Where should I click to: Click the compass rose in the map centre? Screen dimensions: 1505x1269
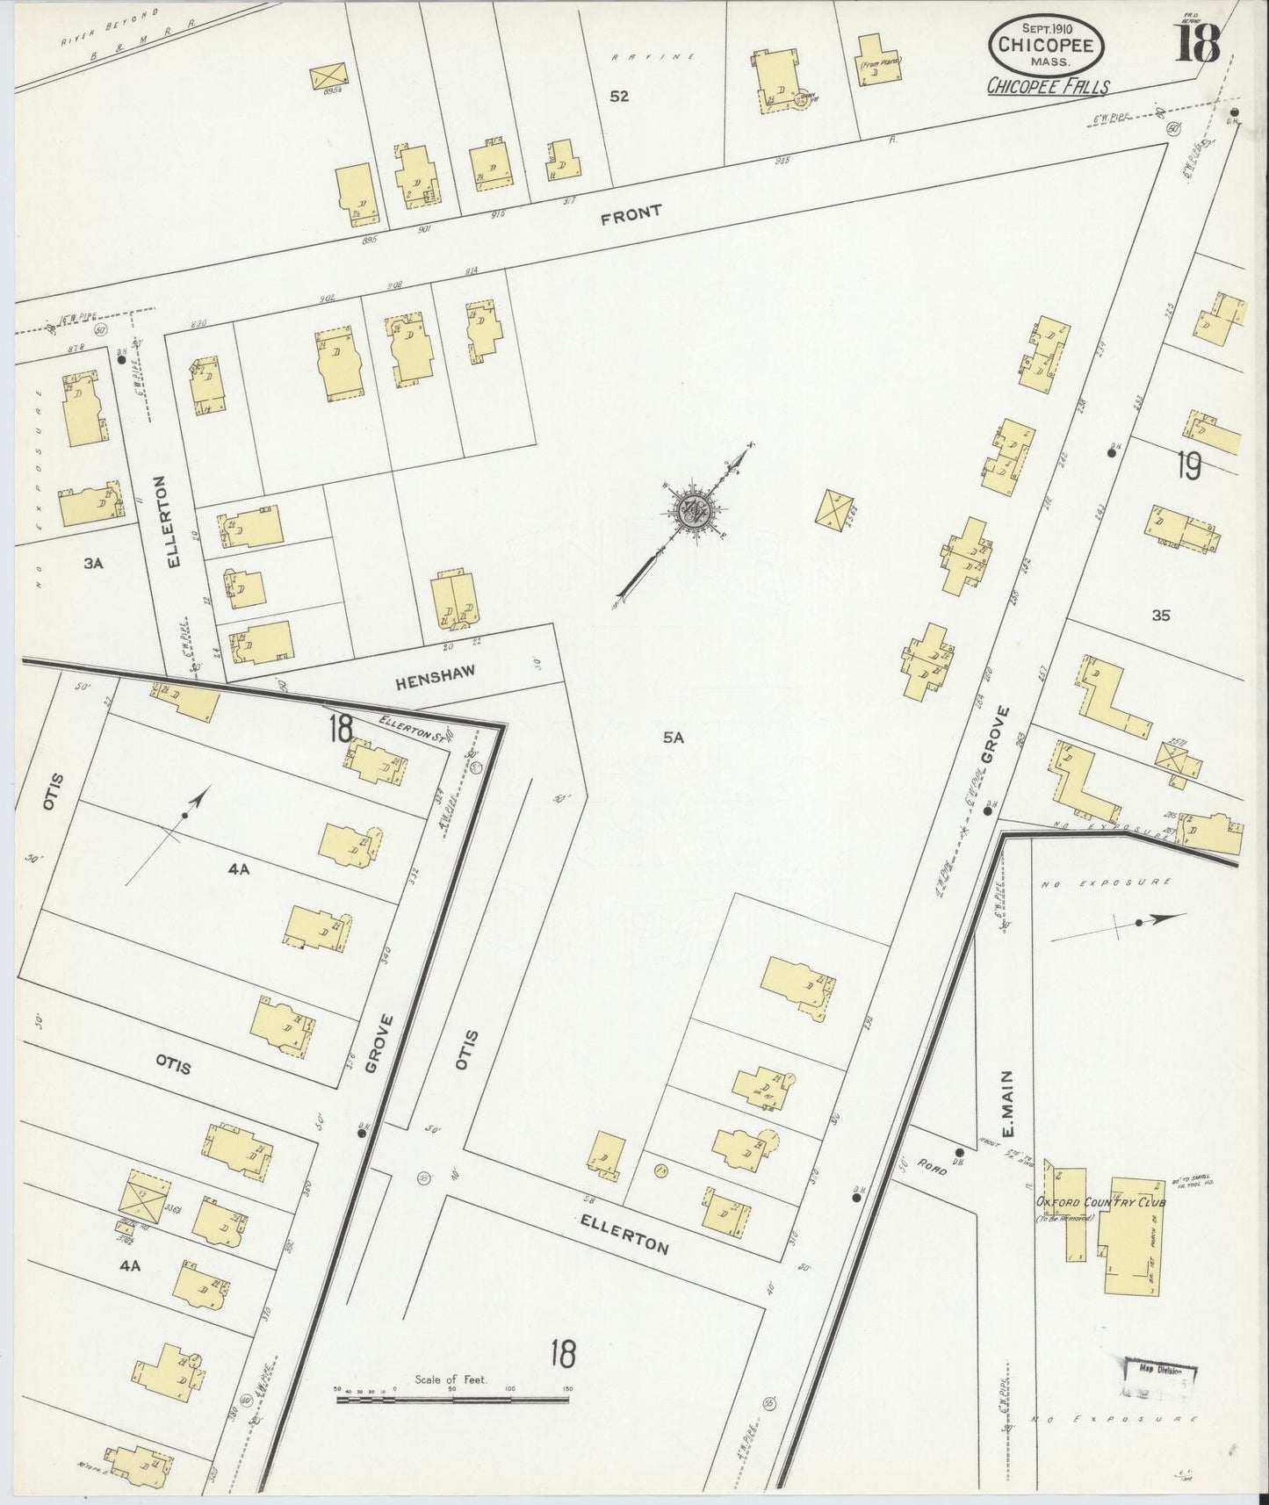[x=694, y=511]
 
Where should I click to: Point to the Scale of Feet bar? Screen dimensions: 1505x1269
[x=453, y=1397]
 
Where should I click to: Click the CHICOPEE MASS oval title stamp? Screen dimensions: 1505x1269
[x=1043, y=45]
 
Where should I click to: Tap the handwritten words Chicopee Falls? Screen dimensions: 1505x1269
[x=1047, y=87]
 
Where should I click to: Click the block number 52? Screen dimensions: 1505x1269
[x=619, y=97]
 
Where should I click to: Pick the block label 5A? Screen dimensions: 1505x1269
[x=673, y=738]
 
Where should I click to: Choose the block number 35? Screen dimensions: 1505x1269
[x=1161, y=616]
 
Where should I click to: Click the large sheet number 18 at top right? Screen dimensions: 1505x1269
[x=1199, y=41]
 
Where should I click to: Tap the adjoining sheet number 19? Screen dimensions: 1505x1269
[x=1188, y=466]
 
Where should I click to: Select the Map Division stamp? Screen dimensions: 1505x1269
[x=1160, y=1394]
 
